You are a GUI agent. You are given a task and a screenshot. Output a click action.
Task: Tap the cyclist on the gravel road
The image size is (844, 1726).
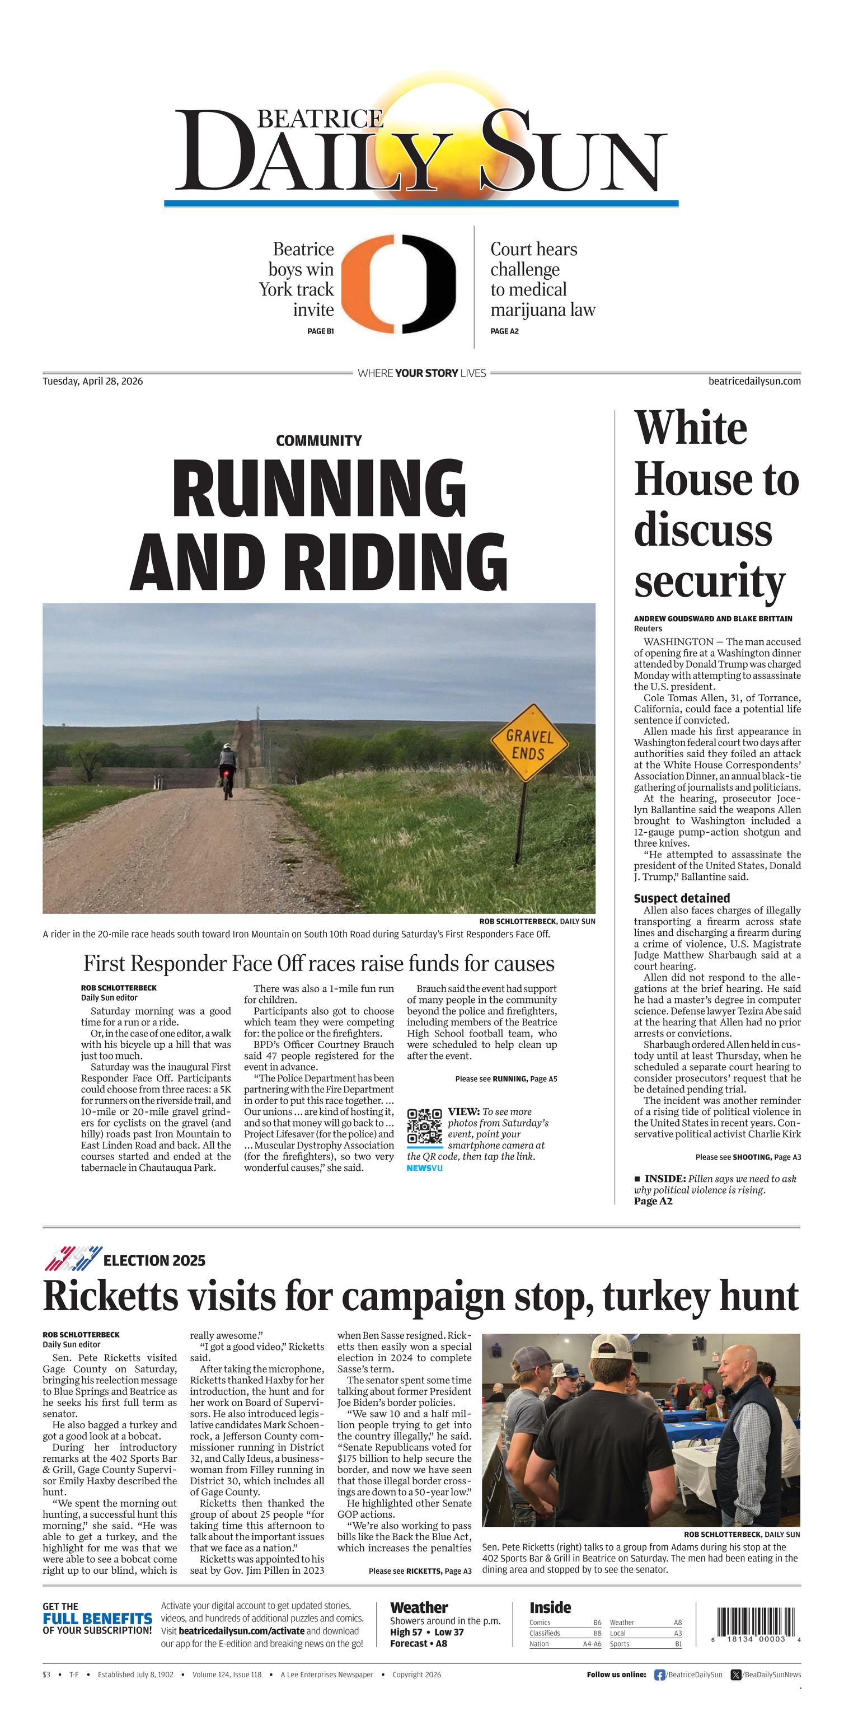pos(227,771)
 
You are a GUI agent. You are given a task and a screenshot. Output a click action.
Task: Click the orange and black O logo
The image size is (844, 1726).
pos(399,284)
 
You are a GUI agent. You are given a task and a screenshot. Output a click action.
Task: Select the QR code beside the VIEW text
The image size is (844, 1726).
pos(425,1127)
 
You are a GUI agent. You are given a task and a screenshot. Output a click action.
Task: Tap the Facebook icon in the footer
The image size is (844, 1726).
pos(659,1675)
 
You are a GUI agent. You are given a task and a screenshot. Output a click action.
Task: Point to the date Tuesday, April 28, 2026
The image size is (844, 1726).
pos(92,381)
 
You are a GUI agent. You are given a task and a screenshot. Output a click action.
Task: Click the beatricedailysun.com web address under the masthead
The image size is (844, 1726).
pos(754,381)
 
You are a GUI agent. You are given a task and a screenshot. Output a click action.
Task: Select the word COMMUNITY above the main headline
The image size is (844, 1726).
pos(319,441)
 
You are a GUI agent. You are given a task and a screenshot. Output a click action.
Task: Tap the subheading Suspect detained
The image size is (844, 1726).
pos(682,898)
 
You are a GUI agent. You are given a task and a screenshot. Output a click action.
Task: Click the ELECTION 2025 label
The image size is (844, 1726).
pos(154,1260)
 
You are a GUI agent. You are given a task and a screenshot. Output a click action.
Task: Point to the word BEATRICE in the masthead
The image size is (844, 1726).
pos(320,119)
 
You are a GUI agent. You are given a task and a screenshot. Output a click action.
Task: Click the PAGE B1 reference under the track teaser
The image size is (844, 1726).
pos(320,331)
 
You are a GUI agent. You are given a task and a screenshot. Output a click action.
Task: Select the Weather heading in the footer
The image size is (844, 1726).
pos(419,1607)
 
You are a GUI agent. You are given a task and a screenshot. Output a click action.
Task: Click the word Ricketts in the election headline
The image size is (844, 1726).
pos(110,1297)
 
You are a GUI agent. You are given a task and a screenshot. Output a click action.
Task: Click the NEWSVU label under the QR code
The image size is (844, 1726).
pos(425,1169)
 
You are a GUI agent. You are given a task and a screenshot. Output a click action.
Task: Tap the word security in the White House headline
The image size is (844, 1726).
pos(709,581)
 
